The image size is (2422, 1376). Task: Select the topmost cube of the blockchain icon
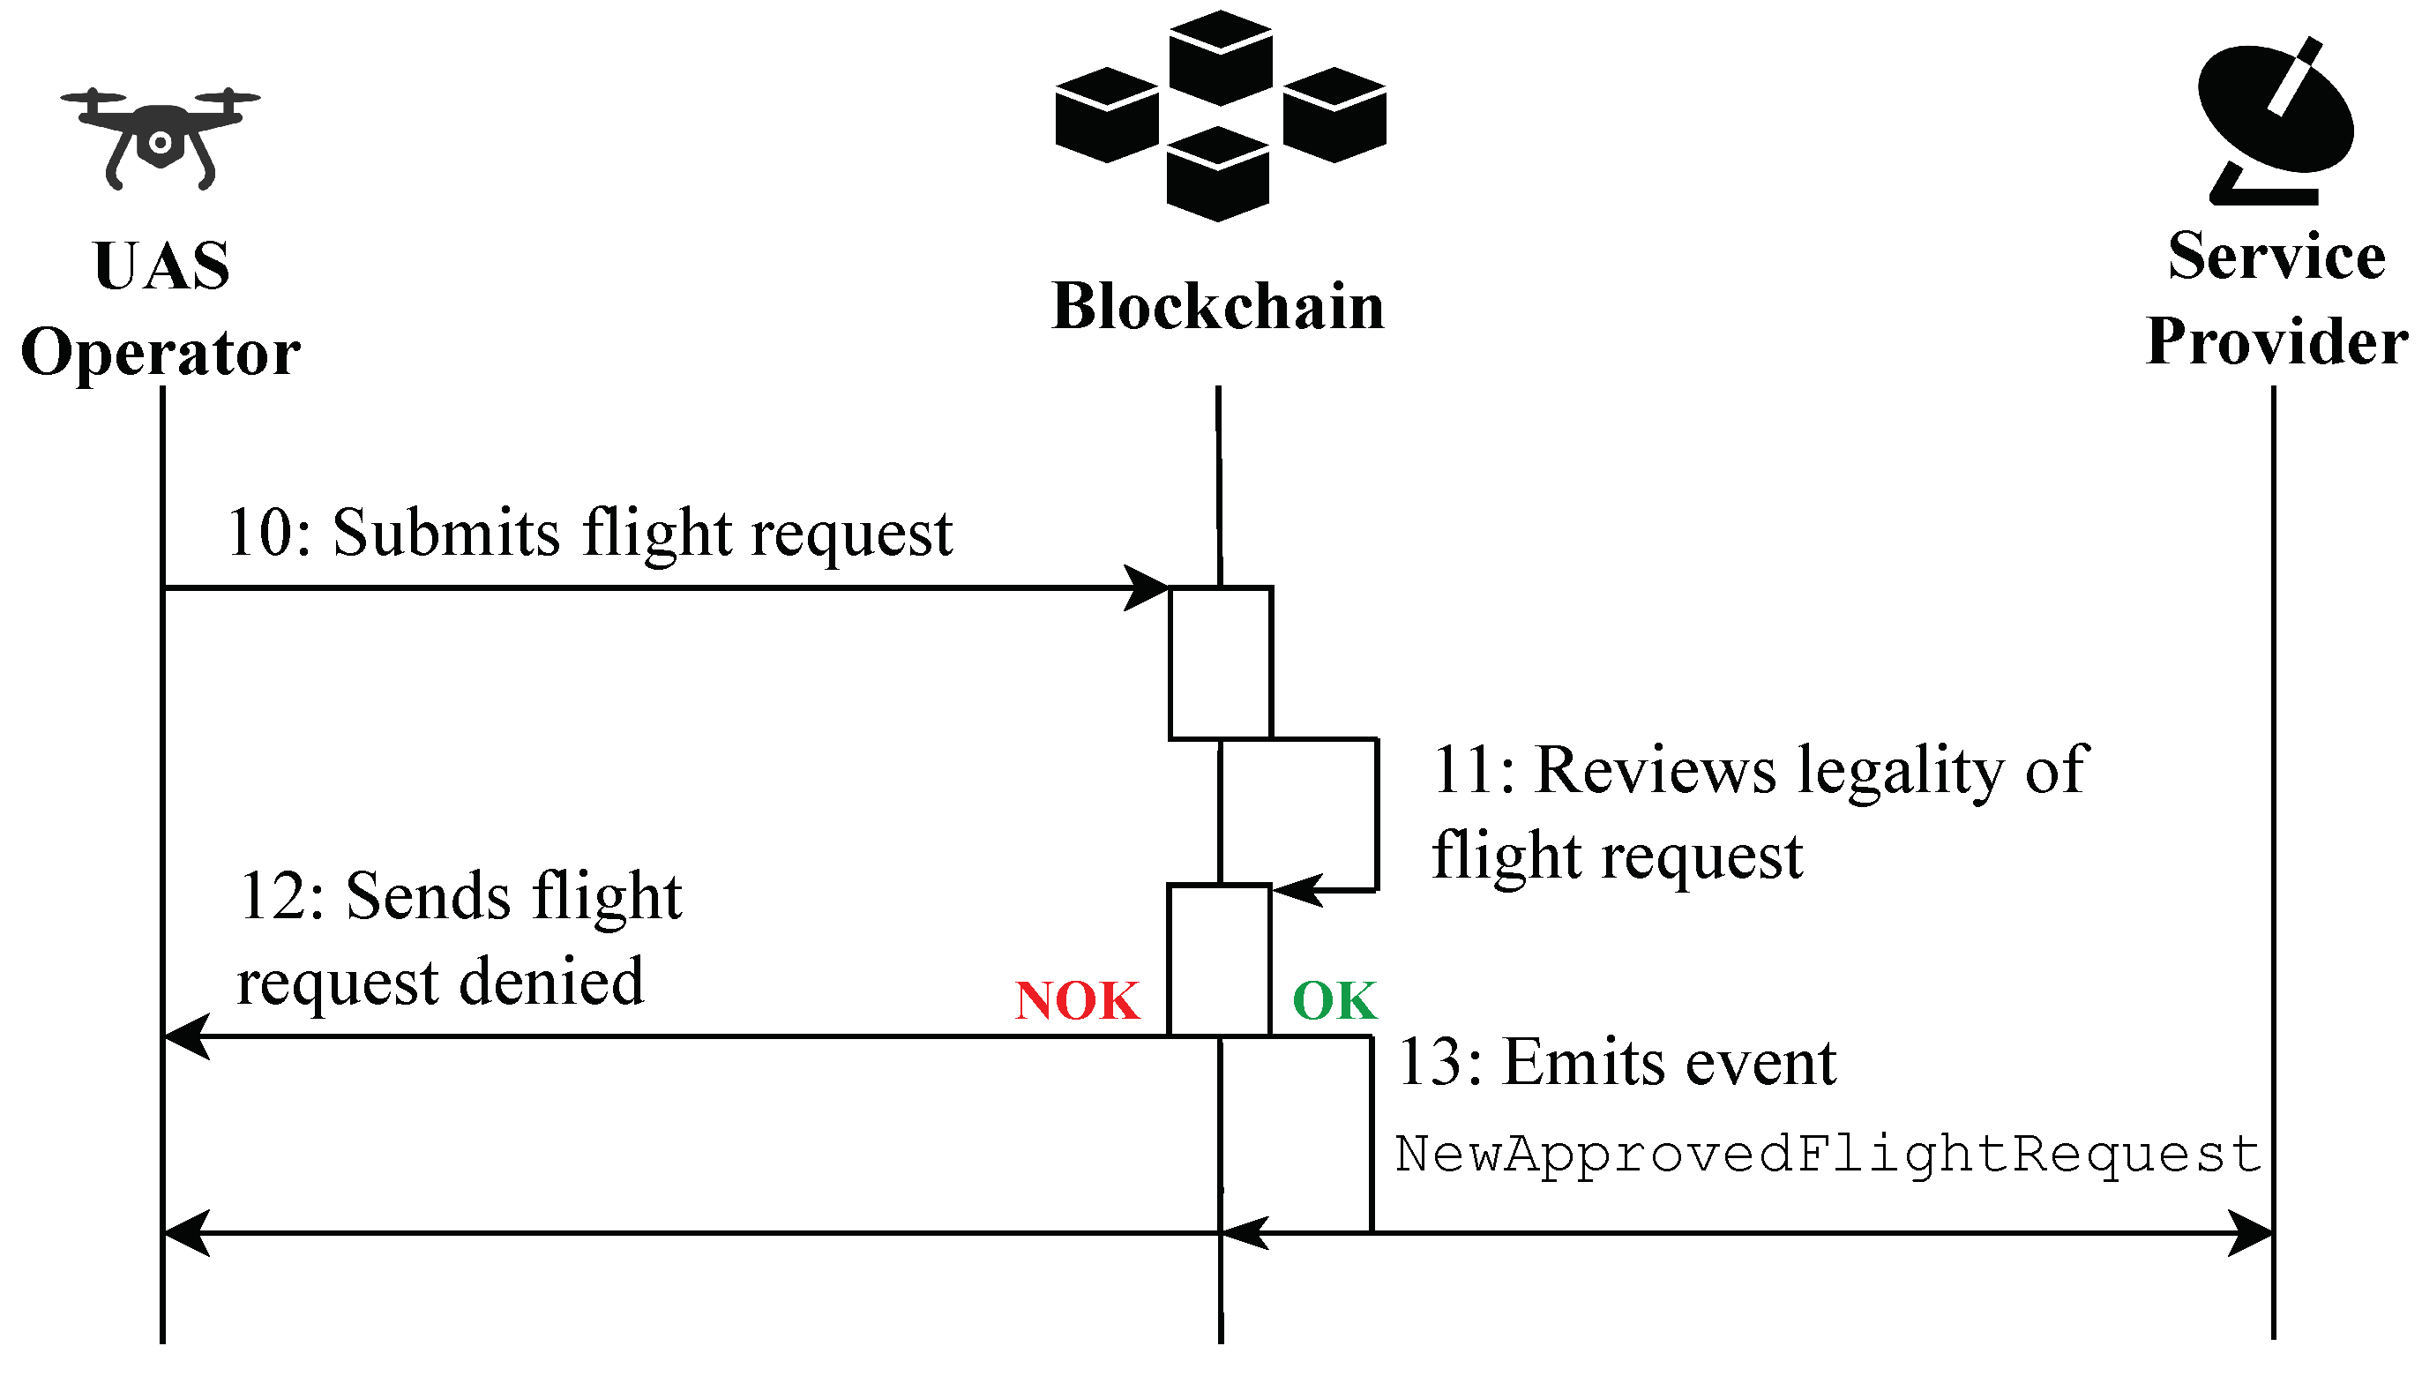coord(1220,57)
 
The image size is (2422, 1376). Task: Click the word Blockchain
coord(1218,306)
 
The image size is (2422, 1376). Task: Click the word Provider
coord(2276,341)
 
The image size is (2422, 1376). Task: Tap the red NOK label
coord(1077,1001)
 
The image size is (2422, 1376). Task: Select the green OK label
coord(1334,1001)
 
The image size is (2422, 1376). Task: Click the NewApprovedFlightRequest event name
coord(1828,1155)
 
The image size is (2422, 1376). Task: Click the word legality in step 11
coord(1901,772)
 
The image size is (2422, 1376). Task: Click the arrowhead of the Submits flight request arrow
coord(1147,587)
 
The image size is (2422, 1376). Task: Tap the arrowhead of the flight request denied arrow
coord(186,1036)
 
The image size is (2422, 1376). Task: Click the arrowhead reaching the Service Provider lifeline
coord(2249,1232)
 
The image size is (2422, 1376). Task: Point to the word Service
coord(2276,256)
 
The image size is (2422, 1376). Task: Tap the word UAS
coord(161,265)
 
